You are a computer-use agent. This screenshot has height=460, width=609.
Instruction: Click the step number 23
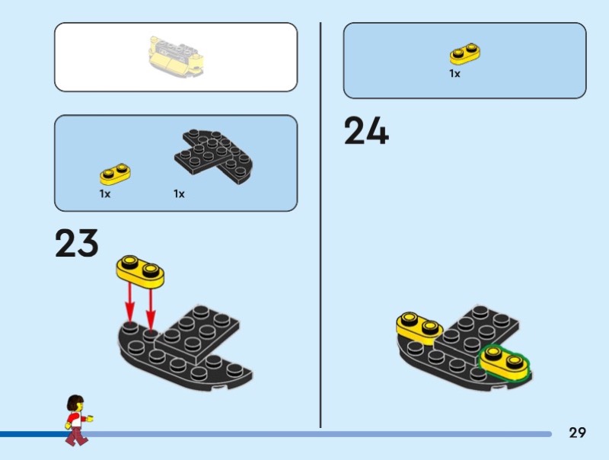[x=77, y=243]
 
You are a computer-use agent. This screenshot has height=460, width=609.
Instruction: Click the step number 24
[x=366, y=130]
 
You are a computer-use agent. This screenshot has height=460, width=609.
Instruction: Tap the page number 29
[x=577, y=433]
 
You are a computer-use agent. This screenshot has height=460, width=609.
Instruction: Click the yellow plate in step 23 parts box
[x=115, y=174]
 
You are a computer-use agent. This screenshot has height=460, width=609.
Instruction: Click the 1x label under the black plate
[x=179, y=194]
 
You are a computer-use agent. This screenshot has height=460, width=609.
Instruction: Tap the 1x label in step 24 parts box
[x=454, y=73]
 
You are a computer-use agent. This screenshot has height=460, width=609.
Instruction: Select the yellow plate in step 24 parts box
[x=465, y=53]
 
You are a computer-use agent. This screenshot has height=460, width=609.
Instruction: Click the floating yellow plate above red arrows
[x=140, y=272]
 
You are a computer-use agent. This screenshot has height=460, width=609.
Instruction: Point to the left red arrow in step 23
[x=129, y=304]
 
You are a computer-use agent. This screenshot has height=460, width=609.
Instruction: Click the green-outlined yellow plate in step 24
[x=504, y=362]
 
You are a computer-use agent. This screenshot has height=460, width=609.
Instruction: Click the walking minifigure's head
[x=76, y=404]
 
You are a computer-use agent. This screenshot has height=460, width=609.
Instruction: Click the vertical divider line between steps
[x=320, y=225]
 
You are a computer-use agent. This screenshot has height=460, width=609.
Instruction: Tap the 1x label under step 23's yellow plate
[x=105, y=194]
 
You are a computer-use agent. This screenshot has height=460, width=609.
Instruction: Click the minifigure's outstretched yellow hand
[x=90, y=418]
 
